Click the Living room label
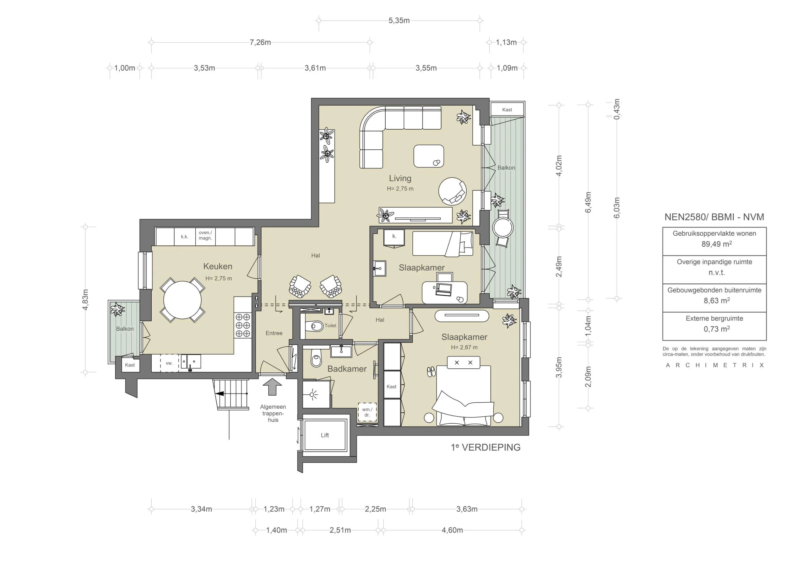pos(400,178)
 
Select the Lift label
pos(325,435)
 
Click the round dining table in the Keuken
pos(182,300)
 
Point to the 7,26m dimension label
pos(260,42)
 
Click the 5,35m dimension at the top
pos(399,20)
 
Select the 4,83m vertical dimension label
pos(85,300)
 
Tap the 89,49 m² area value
pos(716,244)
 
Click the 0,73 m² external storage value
pos(716,329)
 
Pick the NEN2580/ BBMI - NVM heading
pos(714,217)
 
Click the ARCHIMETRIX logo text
pos(714,365)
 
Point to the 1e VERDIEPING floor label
pos(485,447)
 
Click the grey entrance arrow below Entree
pos(272,388)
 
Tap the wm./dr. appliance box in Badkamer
pos(367,412)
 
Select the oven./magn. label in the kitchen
pos(205,235)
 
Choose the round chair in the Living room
pos(452,191)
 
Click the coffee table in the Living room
pos(429,156)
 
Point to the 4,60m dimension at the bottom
pos(452,530)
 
